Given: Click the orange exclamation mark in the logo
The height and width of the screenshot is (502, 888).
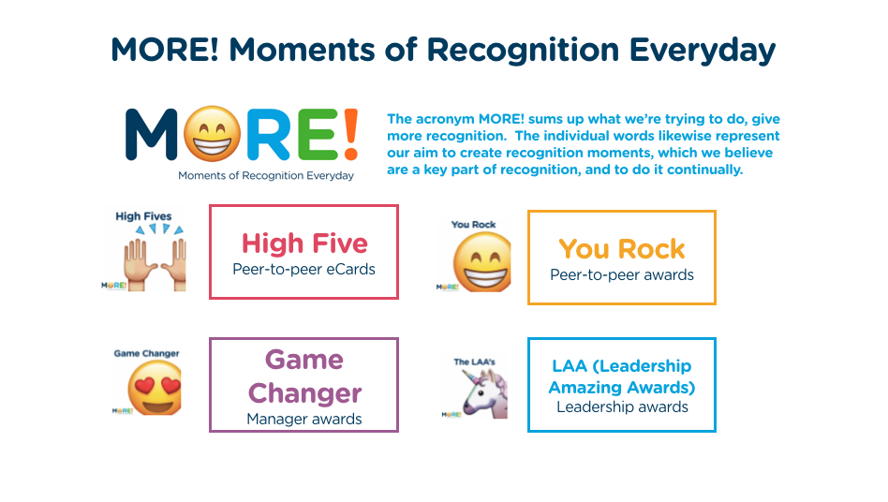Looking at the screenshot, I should [x=348, y=132].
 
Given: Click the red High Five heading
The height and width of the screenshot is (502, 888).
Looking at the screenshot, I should [x=304, y=244].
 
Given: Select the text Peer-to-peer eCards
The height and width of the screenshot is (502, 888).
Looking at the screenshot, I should [x=303, y=269].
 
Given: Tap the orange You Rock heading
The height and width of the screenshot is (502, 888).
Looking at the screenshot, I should [x=622, y=249].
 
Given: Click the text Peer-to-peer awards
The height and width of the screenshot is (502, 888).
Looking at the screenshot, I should [x=622, y=274].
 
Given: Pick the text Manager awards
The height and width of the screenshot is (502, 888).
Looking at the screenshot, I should [x=303, y=419].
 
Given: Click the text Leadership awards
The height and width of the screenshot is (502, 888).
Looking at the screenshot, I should [x=622, y=406].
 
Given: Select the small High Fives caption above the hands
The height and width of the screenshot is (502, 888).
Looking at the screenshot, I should [x=143, y=216].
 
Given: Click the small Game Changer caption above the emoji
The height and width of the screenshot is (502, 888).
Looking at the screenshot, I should [x=146, y=354].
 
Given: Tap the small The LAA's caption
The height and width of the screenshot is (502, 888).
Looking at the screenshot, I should [x=474, y=362].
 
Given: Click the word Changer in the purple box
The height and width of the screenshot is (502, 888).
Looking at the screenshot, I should [x=304, y=392].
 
